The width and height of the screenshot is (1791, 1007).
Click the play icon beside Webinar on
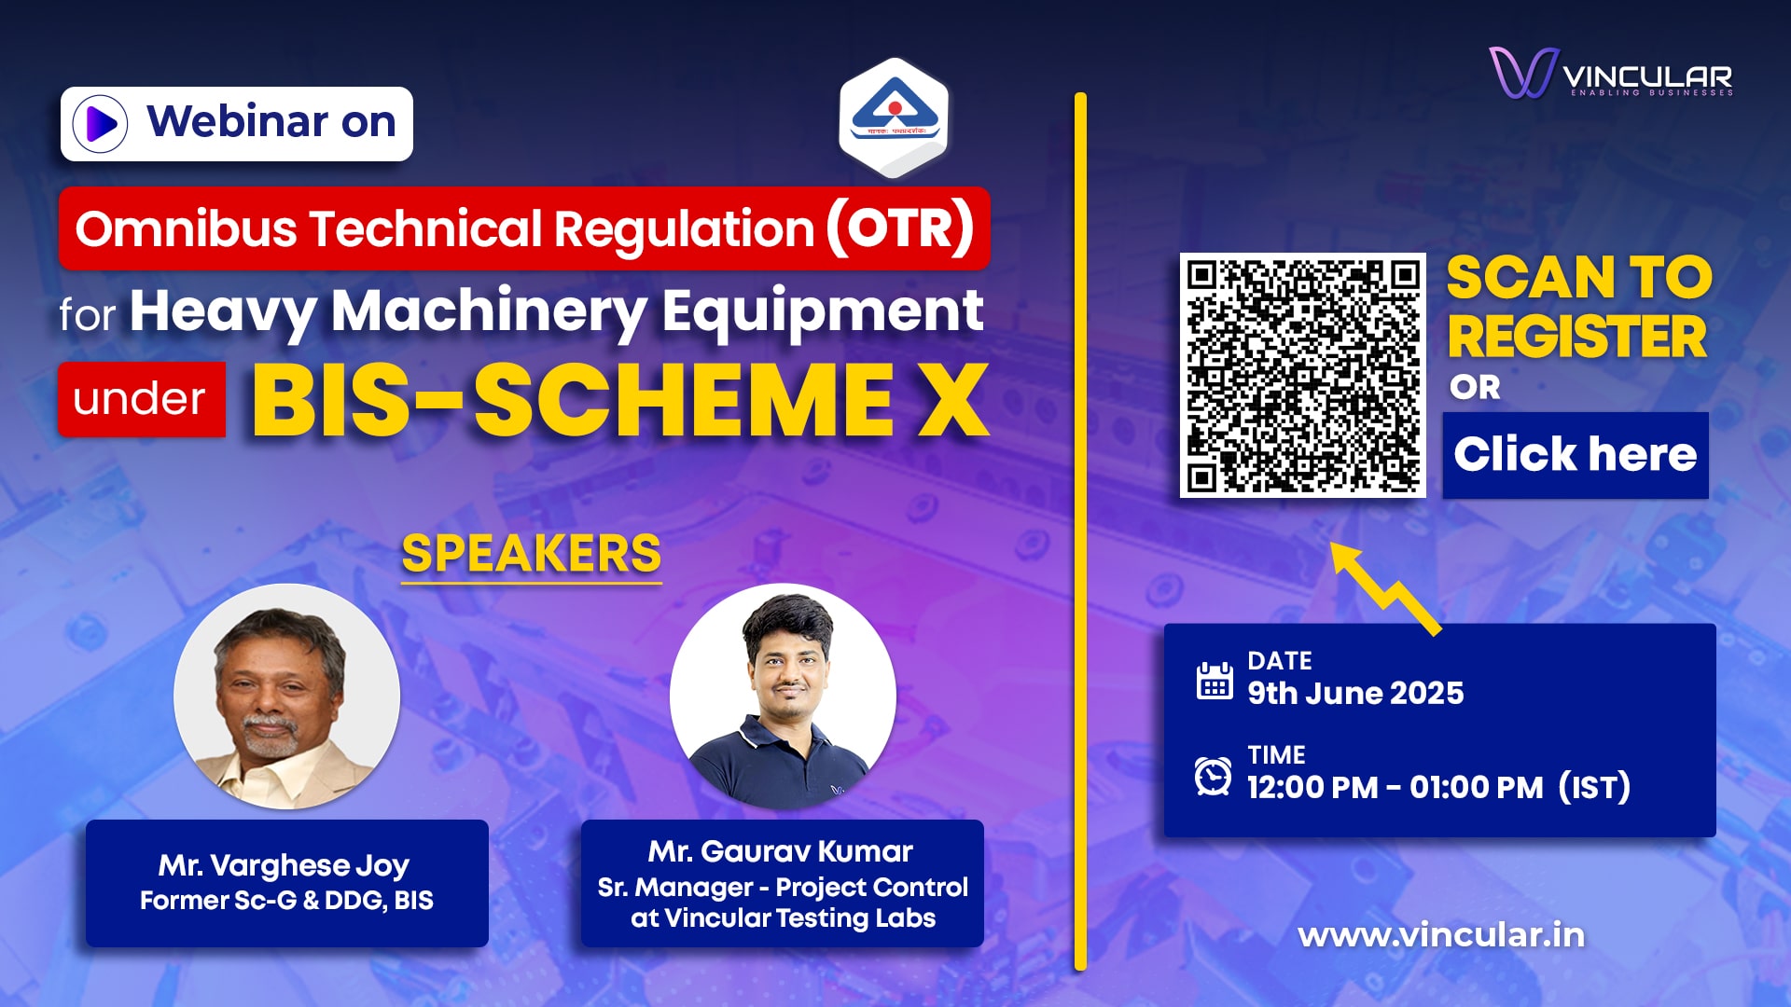pos(100,123)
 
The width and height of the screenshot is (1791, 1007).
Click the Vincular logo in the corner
pos(1611,73)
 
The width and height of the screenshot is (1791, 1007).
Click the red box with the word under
pos(142,399)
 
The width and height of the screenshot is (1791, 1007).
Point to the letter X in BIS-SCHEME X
pos(952,401)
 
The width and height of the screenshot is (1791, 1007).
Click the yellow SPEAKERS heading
pos(532,554)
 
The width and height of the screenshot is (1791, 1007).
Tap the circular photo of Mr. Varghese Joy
pos(287,697)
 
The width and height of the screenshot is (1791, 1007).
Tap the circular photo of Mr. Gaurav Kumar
pos(783,697)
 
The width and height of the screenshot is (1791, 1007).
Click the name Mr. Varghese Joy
pos(284,865)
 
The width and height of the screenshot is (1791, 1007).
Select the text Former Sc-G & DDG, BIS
pos(286,901)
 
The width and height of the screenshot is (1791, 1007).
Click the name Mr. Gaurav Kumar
pos(781,851)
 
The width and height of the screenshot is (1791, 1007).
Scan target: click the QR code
pos(1303,375)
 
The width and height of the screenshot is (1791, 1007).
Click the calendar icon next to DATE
pos(1215,681)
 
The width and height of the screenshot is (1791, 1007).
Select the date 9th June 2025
pos(1355,694)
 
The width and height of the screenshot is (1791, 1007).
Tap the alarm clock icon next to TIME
pos(1214,776)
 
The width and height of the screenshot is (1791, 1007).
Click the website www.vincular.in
pos(1441,935)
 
